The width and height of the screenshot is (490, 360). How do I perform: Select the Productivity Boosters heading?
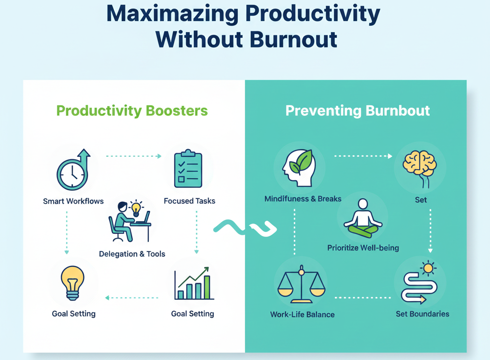(132, 111)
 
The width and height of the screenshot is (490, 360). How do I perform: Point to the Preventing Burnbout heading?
(357, 111)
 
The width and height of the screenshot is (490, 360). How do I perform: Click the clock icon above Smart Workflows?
(73, 171)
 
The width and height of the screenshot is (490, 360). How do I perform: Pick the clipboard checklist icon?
(188, 169)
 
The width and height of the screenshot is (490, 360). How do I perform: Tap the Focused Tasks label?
(189, 201)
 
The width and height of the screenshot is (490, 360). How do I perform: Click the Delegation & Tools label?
(132, 254)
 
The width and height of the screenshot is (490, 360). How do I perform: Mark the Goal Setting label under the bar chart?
(192, 314)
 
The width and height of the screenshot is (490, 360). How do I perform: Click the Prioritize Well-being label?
(363, 248)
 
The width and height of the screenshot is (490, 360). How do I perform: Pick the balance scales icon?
(301, 285)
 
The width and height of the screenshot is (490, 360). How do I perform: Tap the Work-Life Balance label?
(302, 315)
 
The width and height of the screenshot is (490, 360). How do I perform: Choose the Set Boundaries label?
(423, 314)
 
